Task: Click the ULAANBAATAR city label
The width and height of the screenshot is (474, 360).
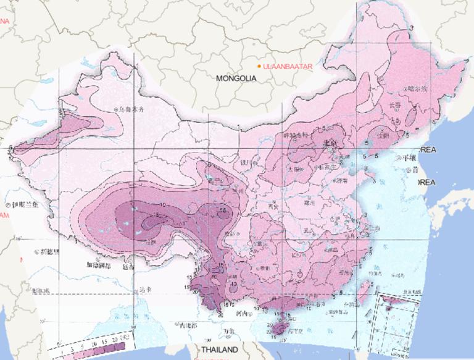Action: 286,66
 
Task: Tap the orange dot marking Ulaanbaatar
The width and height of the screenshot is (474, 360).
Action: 259,65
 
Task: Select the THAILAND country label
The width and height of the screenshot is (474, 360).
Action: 218,350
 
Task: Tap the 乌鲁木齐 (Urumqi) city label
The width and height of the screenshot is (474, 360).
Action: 131,109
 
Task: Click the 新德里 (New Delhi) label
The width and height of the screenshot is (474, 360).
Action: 49,252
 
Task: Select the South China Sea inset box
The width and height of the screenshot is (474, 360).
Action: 396,316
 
